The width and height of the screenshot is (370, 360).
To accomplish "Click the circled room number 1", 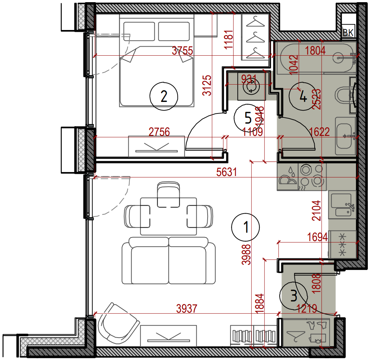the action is click(x=246, y=227).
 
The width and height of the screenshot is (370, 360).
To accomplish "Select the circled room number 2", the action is click(x=164, y=96).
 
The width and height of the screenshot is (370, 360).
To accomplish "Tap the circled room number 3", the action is click(x=294, y=295).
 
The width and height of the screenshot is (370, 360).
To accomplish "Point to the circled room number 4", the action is click(x=303, y=96).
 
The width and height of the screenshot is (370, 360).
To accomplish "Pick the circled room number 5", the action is click(x=248, y=118).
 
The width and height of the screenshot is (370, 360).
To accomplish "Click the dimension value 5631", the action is click(x=226, y=172).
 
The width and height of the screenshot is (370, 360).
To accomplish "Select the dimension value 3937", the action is click(x=187, y=309).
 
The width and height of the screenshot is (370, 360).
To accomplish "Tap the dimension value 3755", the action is click(x=182, y=51).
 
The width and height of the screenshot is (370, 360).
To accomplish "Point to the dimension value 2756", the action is click(x=159, y=132).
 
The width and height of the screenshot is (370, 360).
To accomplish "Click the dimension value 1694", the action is click(x=318, y=237).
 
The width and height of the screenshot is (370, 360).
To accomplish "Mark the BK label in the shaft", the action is click(x=348, y=32).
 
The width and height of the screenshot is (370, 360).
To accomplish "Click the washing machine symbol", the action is click(x=251, y=86).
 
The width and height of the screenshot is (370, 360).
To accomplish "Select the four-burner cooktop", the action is click(x=312, y=177).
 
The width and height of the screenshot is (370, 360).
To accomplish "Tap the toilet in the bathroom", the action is click(x=345, y=95).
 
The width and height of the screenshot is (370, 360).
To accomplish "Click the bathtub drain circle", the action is click(x=339, y=57).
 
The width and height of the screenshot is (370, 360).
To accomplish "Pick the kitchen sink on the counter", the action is click(x=342, y=205).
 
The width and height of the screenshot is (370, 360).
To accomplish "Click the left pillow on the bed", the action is click(x=139, y=31).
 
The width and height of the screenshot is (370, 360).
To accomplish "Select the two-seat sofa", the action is click(x=169, y=261).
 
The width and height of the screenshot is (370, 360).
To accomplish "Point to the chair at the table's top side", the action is click(x=168, y=194).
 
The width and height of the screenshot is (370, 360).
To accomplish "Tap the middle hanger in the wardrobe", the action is click(x=255, y=37).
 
